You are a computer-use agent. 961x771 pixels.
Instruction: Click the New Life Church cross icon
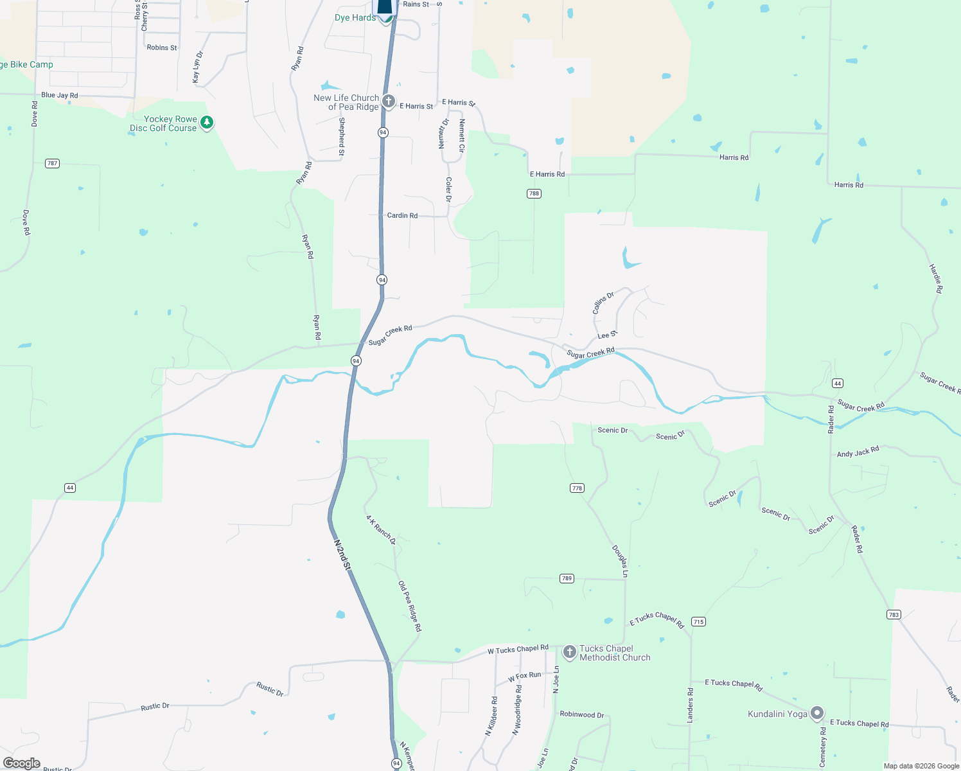point(389,101)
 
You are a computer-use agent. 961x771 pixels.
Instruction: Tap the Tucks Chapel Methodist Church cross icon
point(569,652)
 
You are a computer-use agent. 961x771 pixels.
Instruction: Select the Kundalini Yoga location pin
point(817,713)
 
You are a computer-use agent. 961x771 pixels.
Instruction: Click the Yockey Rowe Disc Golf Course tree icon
point(206,122)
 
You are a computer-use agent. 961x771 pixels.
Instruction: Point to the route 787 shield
point(53,163)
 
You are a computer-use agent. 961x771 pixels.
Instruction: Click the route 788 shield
point(534,193)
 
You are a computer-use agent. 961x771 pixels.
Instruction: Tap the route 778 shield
point(577,488)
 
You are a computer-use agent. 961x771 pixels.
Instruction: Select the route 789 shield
point(567,578)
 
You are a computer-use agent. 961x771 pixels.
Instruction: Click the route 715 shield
point(698,621)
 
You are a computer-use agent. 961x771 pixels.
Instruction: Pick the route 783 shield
point(894,615)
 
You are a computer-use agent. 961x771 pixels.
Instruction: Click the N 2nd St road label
point(342,555)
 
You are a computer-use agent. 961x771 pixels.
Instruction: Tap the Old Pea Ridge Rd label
point(410,606)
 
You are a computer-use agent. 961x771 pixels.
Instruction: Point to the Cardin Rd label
point(402,215)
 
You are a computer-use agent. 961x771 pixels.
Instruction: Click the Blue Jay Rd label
point(59,95)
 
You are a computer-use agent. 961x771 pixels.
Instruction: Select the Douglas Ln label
point(620,561)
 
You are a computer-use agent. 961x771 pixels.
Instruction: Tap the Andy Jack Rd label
point(858,452)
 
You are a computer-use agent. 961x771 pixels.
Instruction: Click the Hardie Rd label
point(936,279)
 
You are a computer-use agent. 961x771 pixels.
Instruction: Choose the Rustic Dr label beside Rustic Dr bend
point(270,689)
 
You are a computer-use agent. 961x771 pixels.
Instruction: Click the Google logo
point(22,763)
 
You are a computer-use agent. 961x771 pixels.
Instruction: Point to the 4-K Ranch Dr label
point(381,530)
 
